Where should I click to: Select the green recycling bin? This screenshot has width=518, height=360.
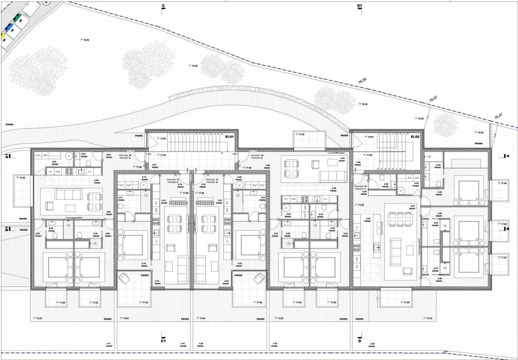click(x=17, y=18)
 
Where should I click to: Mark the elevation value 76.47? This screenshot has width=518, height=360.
click(x=498, y=116)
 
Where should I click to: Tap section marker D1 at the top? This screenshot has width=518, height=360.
click(x=359, y=6)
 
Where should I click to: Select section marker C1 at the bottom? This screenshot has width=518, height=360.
click(x=163, y=341)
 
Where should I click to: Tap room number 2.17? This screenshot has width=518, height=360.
click(x=120, y=198)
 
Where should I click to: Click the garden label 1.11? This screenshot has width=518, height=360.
click(x=108, y=344)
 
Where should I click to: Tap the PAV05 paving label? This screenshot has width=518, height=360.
click(x=23, y=230)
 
